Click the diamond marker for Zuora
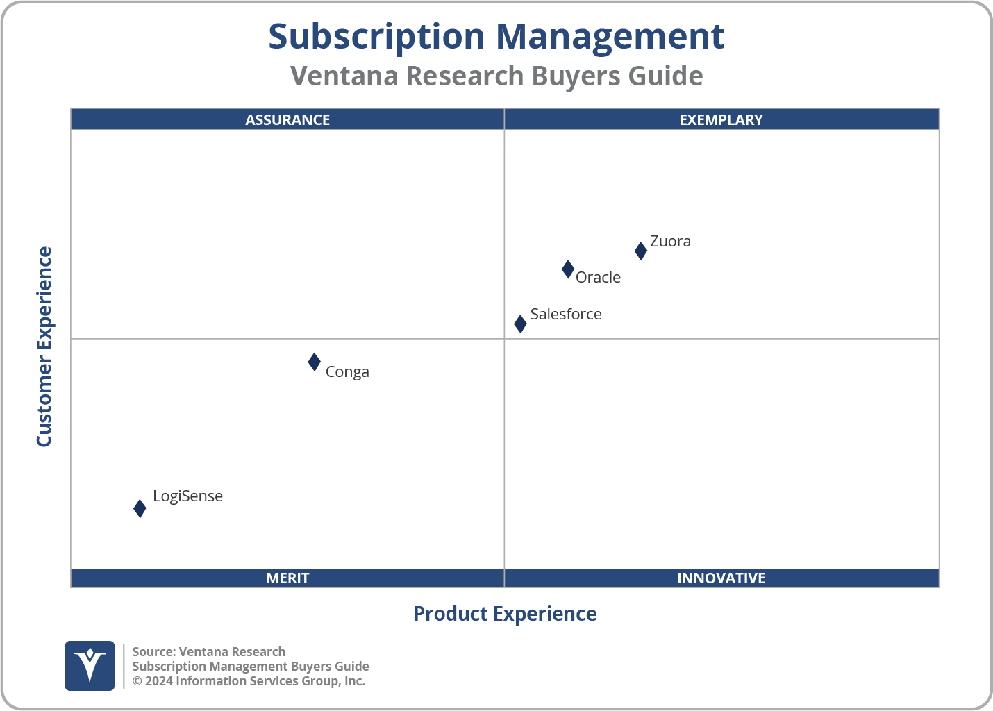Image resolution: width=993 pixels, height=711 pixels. (640, 251)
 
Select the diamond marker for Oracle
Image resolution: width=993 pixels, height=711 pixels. (567, 269)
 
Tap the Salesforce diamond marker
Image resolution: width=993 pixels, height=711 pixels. (520, 324)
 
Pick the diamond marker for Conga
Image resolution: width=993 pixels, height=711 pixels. (314, 362)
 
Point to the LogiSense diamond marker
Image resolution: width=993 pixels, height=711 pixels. (140, 508)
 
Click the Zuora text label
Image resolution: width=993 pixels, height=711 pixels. (670, 242)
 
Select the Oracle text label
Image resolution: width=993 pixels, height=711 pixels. (598, 278)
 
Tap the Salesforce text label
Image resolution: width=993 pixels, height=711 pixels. (566, 315)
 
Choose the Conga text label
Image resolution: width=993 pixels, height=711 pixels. (347, 372)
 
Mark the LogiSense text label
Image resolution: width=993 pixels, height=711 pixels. (187, 496)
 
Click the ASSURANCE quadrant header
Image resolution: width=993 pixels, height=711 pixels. (287, 119)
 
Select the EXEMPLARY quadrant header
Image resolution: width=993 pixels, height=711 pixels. (721, 119)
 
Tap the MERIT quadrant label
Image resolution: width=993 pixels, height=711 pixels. (287, 578)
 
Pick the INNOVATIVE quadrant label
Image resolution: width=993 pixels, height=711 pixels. (721, 578)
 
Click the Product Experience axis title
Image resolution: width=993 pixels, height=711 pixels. (505, 614)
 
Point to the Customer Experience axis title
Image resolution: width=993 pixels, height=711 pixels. (44, 347)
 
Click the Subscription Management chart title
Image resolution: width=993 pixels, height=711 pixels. (496, 36)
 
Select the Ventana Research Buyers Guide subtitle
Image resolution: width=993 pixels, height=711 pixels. (496, 76)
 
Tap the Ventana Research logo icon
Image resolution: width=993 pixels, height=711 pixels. (90, 665)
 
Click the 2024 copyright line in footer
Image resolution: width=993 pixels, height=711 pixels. (249, 681)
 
